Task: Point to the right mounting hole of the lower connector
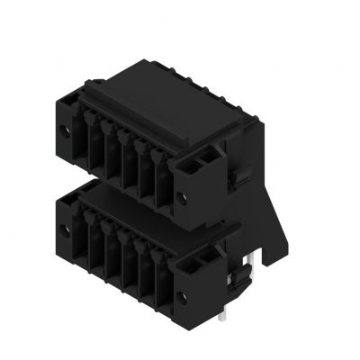coord(182,295)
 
